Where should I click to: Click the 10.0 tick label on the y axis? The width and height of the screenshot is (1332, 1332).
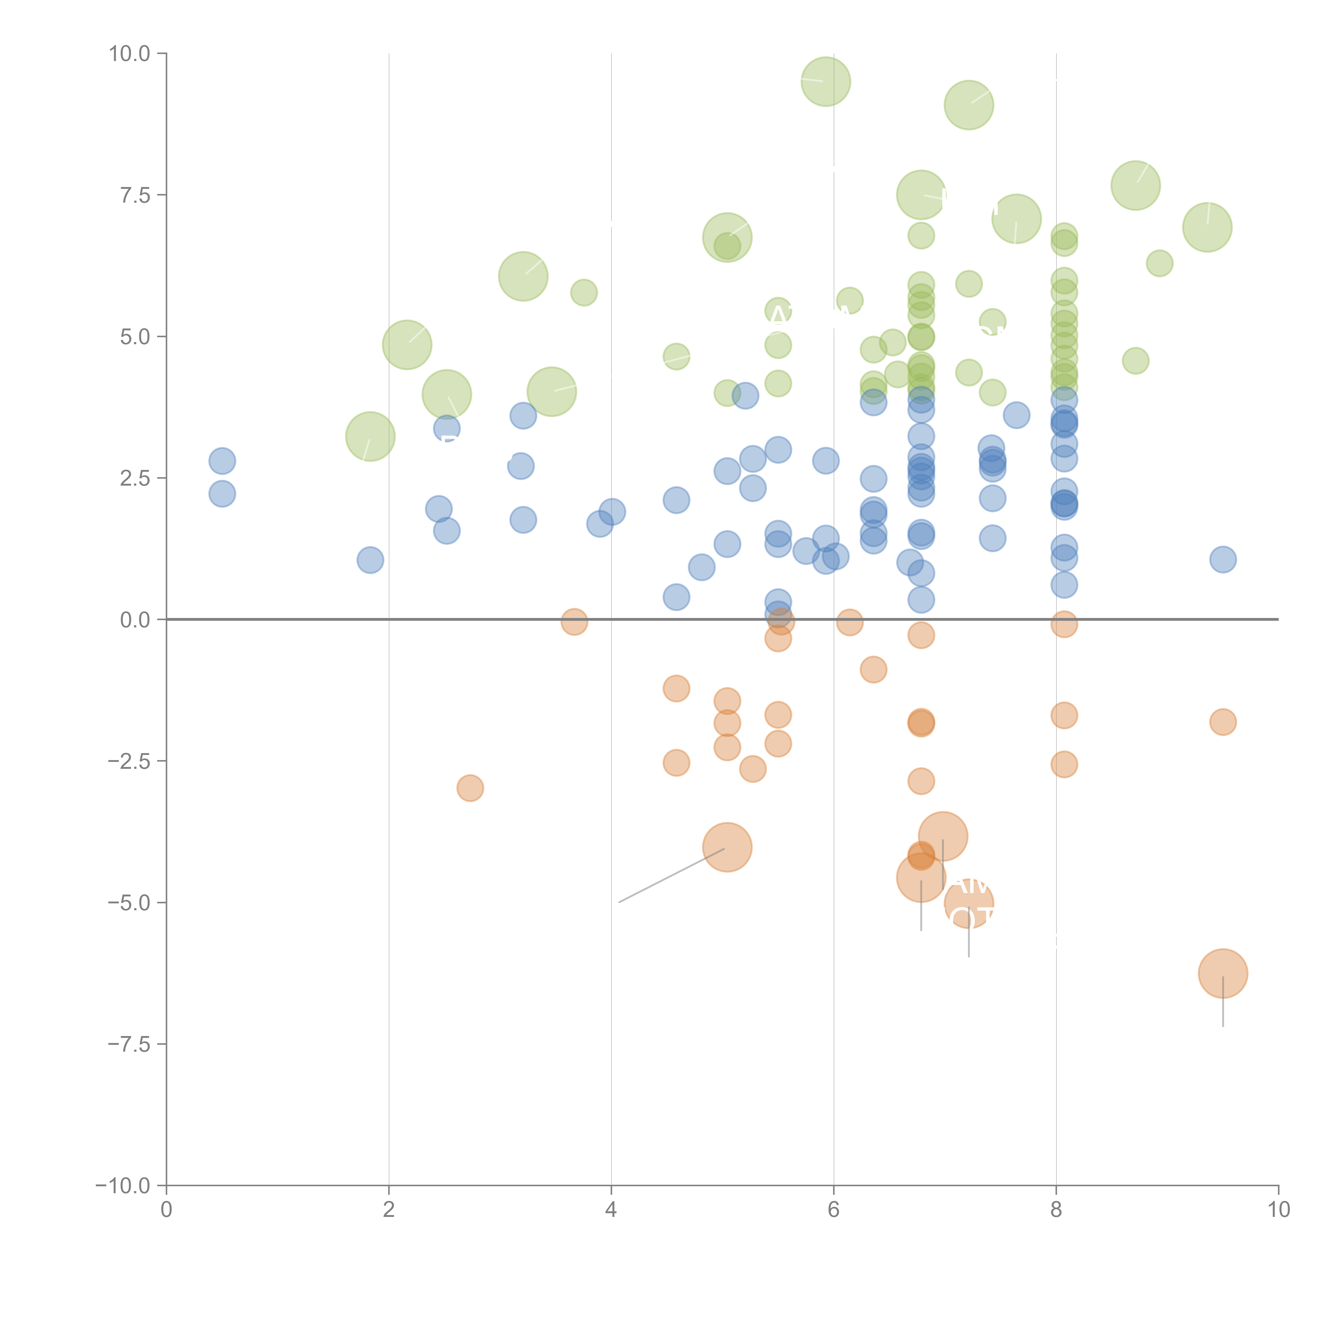point(130,54)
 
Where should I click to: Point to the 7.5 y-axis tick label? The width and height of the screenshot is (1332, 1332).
point(135,195)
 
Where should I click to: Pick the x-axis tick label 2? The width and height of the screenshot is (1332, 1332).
point(389,1210)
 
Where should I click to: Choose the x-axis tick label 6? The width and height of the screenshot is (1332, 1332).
point(834,1210)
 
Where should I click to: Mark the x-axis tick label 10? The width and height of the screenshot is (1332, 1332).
point(1278,1210)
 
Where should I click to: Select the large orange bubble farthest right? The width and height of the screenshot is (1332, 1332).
point(1223,973)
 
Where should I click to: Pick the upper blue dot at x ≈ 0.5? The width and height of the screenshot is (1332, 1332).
point(222,461)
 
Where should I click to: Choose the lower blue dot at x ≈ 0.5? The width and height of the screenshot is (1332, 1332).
point(222,494)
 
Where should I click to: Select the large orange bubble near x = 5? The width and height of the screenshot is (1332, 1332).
point(727,847)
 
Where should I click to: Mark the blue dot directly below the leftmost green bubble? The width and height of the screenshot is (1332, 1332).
point(370,560)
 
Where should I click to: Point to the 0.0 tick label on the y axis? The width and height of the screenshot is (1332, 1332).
point(135,620)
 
